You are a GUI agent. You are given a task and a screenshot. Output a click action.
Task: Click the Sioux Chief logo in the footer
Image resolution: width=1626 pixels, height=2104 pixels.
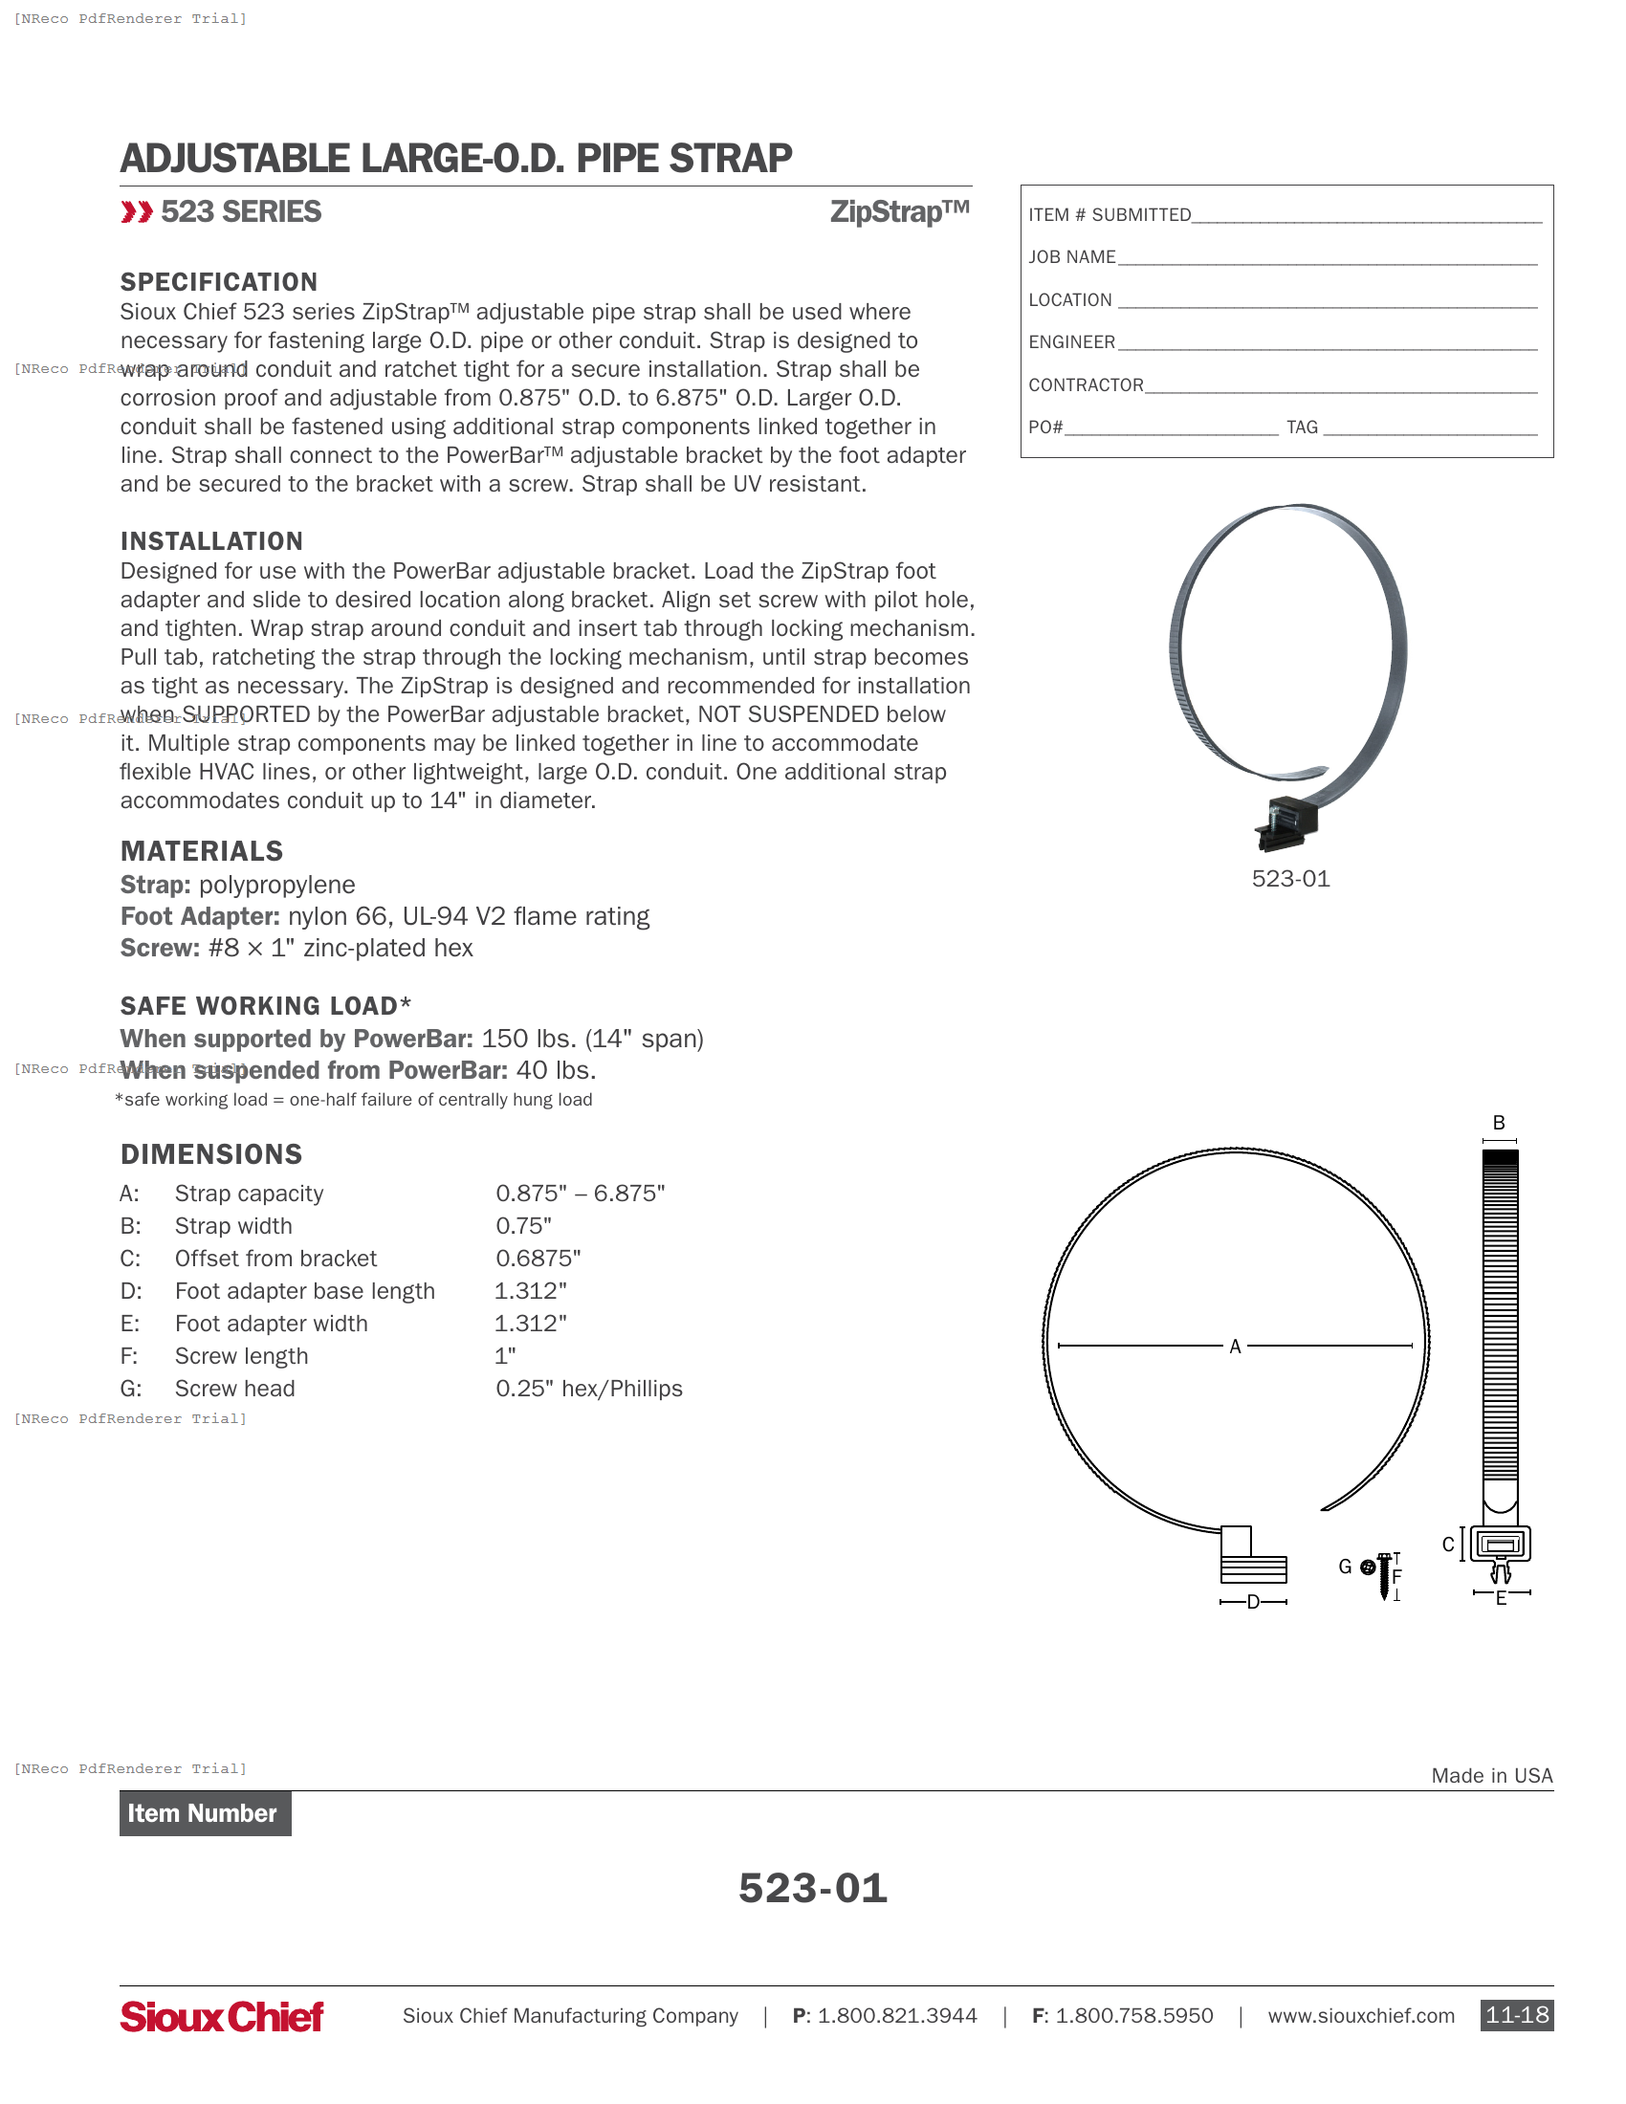[x=222, y=2016]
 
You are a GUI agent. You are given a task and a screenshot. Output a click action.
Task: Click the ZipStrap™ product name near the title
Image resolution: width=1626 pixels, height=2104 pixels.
[x=899, y=212]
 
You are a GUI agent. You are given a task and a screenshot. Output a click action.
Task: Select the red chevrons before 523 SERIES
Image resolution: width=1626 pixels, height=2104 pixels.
[x=137, y=212]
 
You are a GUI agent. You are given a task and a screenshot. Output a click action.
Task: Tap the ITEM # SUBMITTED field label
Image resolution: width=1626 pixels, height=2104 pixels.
[x=1109, y=215]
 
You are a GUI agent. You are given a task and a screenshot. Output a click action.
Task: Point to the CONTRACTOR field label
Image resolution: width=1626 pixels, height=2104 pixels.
[x=1086, y=385]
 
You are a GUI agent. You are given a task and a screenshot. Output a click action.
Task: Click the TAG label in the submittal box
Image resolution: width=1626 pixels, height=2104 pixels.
[x=1302, y=427]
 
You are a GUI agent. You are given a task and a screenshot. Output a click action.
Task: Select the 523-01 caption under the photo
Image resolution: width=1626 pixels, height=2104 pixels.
[x=1290, y=879]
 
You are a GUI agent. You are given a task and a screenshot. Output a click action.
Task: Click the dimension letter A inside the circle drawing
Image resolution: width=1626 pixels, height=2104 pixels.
[x=1235, y=1347]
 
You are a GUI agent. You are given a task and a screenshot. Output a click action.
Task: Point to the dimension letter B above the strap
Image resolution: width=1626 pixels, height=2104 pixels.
[x=1499, y=1123]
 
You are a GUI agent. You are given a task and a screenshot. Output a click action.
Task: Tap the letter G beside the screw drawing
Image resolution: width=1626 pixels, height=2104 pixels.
[x=1345, y=1567]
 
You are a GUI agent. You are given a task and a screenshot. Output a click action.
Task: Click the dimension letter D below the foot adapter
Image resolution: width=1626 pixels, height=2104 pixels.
[x=1253, y=1602]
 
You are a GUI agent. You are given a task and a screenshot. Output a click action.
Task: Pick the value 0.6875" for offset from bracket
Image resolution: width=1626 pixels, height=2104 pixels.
[x=538, y=1260]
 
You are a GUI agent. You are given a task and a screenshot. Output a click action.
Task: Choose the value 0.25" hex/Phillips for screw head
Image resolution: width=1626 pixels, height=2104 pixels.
[x=588, y=1390]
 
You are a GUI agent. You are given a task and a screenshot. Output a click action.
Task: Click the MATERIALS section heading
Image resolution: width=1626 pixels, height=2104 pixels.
[x=201, y=851]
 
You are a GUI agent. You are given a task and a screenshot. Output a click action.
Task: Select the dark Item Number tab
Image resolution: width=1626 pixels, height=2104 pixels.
[x=206, y=1813]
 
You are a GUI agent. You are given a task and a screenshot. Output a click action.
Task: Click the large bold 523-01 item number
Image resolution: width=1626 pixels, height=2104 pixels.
[x=812, y=1888]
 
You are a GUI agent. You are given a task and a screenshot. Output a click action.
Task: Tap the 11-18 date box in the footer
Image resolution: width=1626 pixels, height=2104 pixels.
[x=1516, y=2015]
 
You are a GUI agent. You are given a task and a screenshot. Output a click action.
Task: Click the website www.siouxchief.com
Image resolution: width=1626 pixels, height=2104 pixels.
[x=1360, y=2016]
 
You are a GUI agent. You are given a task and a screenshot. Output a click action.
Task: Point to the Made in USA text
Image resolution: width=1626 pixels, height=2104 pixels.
[x=1491, y=1776]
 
